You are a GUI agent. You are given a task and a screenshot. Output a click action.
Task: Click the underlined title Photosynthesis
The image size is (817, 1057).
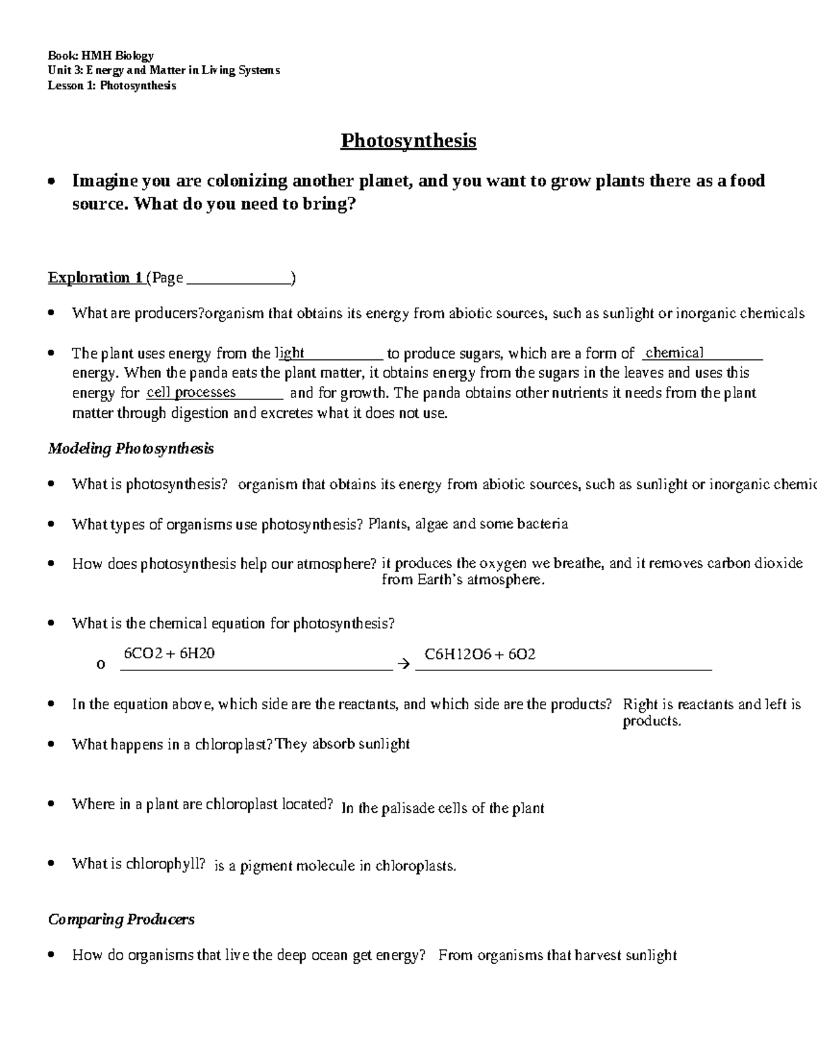tap(408, 141)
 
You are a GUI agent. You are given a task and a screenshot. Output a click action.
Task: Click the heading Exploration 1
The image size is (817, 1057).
tap(95, 278)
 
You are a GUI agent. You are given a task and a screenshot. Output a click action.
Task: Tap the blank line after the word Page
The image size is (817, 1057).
tap(238, 279)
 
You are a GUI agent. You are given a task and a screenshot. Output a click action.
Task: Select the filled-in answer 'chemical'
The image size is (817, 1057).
tap(674, 353)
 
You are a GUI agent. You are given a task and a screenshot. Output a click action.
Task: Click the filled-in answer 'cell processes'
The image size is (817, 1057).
tap(191, 393)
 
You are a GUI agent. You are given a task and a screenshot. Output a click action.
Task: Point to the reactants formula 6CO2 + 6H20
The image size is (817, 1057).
tap(169, 653)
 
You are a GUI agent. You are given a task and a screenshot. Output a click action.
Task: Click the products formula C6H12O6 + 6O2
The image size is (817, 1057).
tap(480, 654)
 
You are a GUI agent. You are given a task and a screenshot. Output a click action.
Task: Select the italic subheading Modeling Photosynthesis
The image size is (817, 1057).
tap(131, 449)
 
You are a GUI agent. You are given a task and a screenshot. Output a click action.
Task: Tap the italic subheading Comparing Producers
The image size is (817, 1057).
tap(121, 920)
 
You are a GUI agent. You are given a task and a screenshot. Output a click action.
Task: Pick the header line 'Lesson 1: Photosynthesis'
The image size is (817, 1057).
tap(112, 86)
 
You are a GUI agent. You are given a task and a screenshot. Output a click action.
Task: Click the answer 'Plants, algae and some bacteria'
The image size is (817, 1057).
tap(468, 524)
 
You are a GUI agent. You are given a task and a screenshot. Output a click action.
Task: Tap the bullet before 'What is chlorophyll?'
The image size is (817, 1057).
tap(52, 864)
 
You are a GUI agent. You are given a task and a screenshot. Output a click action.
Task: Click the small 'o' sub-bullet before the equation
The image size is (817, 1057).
tap(101, 664)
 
